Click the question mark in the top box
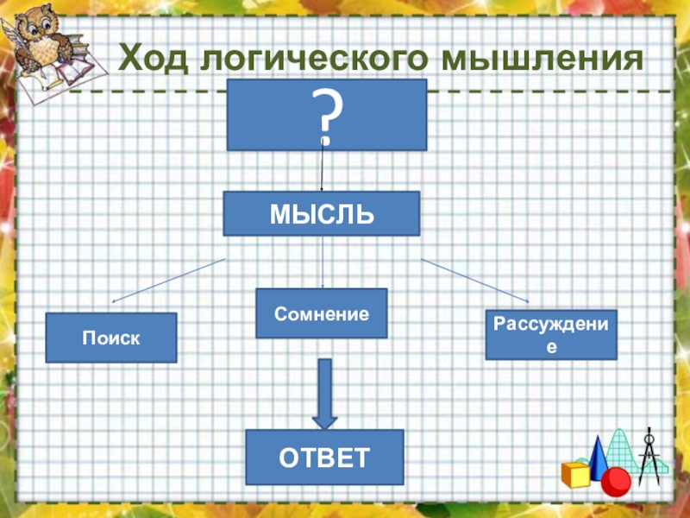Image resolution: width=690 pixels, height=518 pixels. coord(327,115)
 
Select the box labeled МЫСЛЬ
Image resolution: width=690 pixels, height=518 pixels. coord(321,213)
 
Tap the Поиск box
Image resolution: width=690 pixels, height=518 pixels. coord(110,338)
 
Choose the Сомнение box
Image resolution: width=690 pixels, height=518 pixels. coord(322,313)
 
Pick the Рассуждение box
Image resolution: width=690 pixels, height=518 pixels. coord(551,334)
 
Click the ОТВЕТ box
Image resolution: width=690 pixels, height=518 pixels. coord(324,457)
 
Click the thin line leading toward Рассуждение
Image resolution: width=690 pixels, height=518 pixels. coord(474,280)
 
